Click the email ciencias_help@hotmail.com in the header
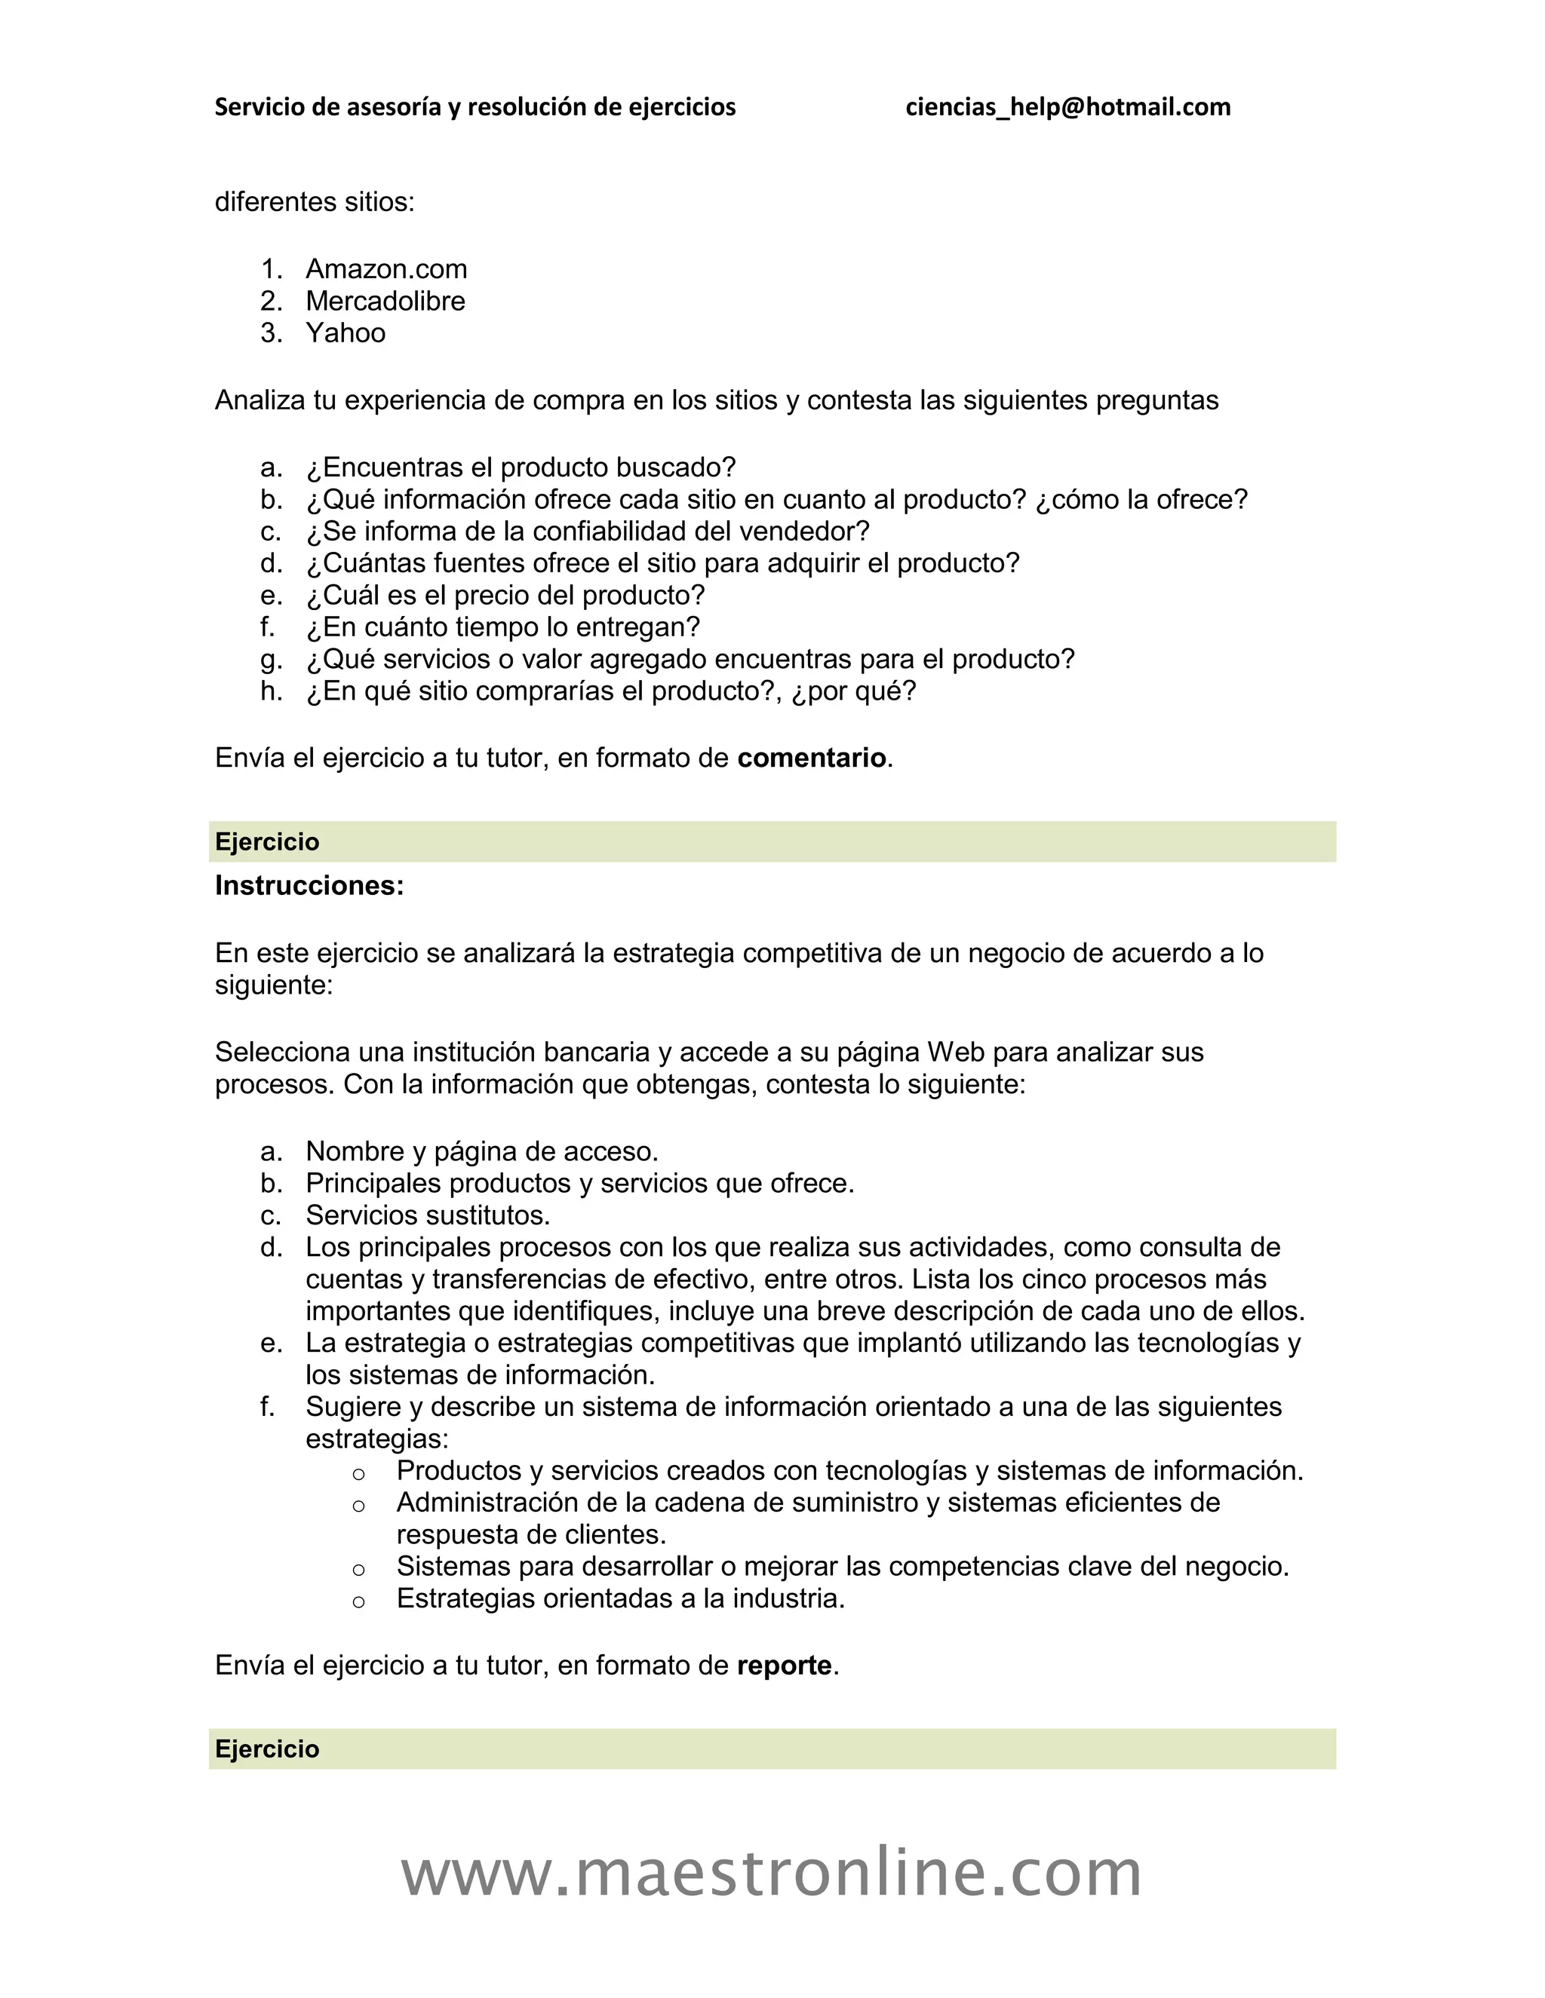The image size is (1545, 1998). pyautogui.click(x=1067, y=107)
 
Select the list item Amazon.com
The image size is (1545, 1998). pyautogui.click(x=385, y=269)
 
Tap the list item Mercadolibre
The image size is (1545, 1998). pyautogui.click(x=385, y=301)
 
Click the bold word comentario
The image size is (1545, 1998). pyautogui.click(x=811, y=758)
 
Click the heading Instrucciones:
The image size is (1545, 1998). pyautogui.click(x=309, y=886)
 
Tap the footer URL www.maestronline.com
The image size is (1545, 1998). pyautogui.click(x=772, y=1873)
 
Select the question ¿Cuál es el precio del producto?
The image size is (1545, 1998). pyautogui.click(x=505, y=596)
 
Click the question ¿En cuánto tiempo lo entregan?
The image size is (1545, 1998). pyautogui.click(x=502, y=627)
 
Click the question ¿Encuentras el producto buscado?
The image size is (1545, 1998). pyautogui.click(x=520, y=467)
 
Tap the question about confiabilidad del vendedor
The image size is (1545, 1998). pyautogui.click(x=587, y=532)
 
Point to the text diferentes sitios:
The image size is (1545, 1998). pyautogui.click(x=314, y=201)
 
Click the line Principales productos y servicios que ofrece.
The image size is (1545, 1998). pyautogui.click(x=579, y=1183)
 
